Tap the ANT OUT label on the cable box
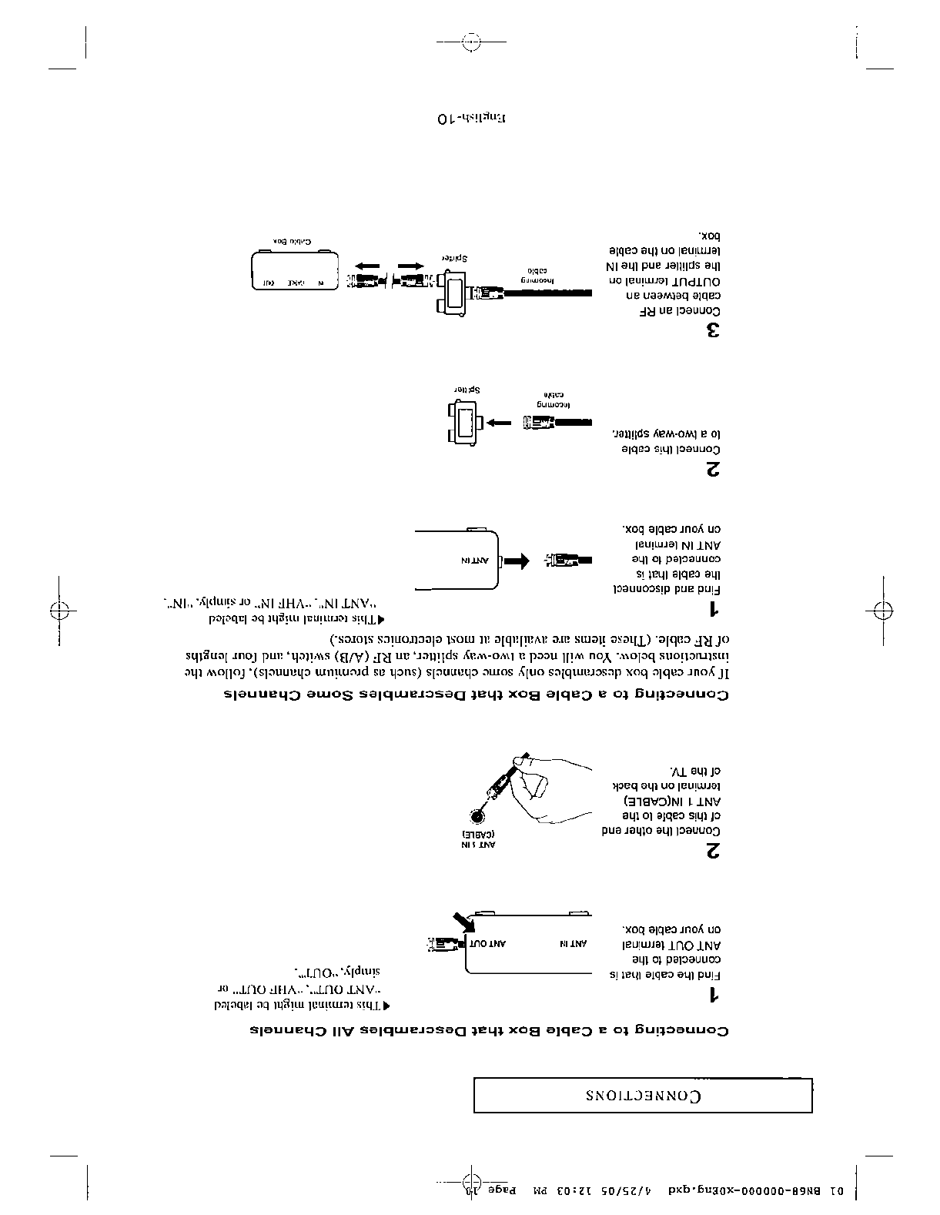(x=488, y=943)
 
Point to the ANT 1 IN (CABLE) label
(x=478, y=839)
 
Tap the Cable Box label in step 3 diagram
(x=293, y=241)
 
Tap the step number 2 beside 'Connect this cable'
(x=713, y=470)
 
